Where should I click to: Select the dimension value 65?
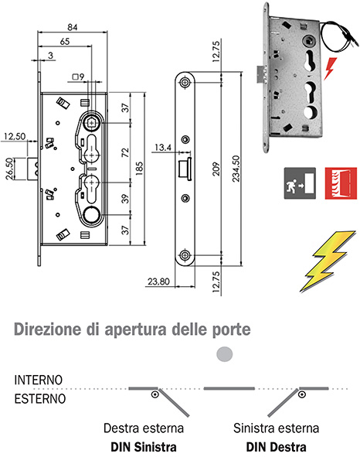[66, 41]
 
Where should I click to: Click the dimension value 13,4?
[162, 146]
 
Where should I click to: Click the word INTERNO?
[39, 381]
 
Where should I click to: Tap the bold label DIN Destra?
[276, 446]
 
